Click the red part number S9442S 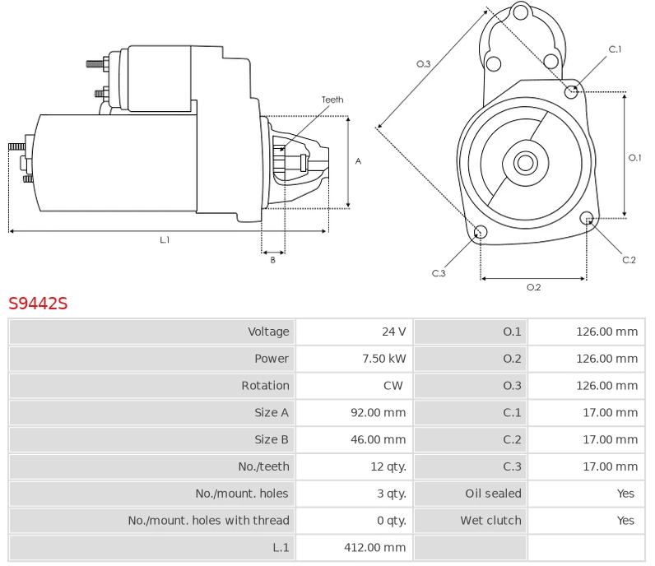tap(38, 303)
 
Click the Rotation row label tap(265, 386)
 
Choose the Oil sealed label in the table tap(493, 494)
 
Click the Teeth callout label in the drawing tap(332, 100)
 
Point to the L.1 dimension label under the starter tap(165, 239)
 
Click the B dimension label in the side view tap(272, 260)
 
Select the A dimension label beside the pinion tap(358, 162)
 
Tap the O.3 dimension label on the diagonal tap(424, 63)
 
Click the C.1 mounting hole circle tap(572, 90)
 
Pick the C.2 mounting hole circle tap(588, 218)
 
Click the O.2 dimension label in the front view tap(533, 287)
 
